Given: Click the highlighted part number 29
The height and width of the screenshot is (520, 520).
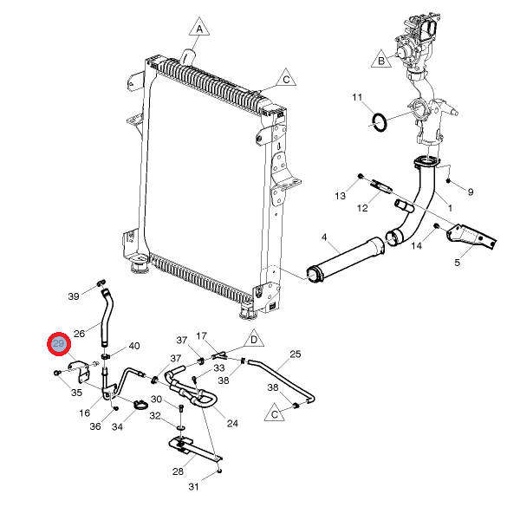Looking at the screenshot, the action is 59,344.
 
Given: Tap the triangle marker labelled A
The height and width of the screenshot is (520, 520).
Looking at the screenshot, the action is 199,27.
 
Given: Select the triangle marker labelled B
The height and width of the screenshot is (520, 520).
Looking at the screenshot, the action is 381,59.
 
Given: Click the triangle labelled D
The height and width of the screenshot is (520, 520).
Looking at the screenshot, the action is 254,339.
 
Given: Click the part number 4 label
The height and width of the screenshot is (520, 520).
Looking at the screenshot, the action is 324,237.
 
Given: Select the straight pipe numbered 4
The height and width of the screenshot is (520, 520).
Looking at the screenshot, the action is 346,260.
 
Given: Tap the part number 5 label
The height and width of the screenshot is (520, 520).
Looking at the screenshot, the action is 458,263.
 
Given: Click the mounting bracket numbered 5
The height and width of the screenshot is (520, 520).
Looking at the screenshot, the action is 471,237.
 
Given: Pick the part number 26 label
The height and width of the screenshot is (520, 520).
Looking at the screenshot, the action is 79,334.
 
